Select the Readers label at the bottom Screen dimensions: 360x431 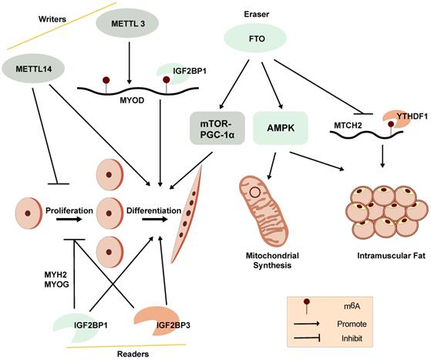tap(131, 352)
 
